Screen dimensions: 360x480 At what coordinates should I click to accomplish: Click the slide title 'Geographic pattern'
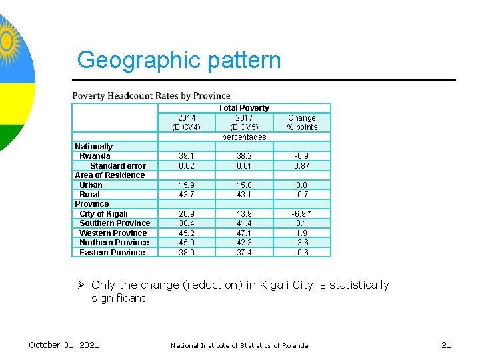point(179,60)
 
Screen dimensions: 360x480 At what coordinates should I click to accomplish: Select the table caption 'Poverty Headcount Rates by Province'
point(151,96)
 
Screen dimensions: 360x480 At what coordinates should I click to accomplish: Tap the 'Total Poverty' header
point(244,107)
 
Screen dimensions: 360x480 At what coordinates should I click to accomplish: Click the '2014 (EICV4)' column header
point(186,123)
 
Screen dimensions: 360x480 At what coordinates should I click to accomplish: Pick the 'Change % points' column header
point(302,123)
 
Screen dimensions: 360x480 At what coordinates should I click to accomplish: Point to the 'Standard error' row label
point(118,165)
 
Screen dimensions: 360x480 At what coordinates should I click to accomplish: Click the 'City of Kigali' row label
point(103,214)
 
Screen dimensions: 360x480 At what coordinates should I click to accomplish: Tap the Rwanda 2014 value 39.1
point(186,156)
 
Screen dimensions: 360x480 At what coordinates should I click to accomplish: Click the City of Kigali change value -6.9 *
point(302,214)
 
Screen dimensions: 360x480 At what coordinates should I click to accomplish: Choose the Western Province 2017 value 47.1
point(244,233)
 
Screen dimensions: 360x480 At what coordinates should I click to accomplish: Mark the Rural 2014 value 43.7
point(186,195)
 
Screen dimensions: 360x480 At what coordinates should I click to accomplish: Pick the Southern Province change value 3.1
point(302,223)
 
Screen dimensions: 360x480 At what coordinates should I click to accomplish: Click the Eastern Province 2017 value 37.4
point(244,253)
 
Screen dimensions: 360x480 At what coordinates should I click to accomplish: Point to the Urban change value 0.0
point(302,185)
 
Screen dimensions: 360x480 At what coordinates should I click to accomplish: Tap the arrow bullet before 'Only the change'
point(81,285)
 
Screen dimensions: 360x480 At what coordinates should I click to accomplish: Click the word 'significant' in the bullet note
point(118,298)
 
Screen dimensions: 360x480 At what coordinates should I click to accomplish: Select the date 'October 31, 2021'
point(63,345)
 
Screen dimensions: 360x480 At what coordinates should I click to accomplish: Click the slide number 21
point(446,345)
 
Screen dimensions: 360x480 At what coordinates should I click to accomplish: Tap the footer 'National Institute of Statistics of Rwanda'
point(239,345)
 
